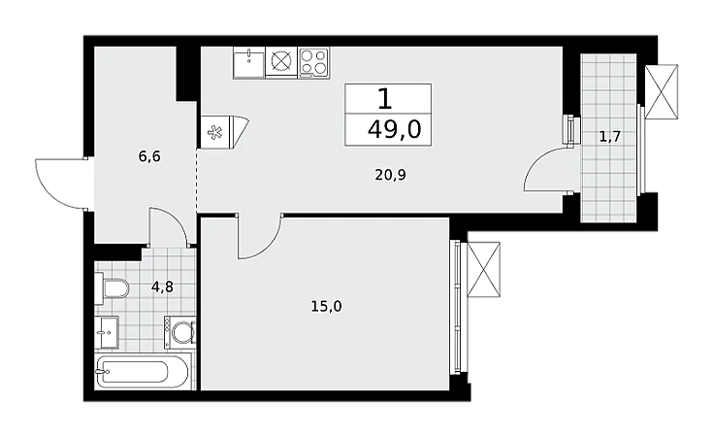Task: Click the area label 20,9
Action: click(x=390, y=175)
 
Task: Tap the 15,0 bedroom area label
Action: click(x=326, y=306)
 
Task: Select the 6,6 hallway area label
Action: click(x=149, y=157)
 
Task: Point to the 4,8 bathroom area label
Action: click(x=162, y=287)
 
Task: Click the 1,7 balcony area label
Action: click(x=610, y=136)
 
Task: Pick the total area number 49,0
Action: click(x=395, y=130)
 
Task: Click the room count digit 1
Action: click(x=385, y=99)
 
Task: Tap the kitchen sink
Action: click(x=249, y=63)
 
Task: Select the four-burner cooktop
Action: click(x=314, y=62)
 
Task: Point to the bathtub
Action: click(x=143, y=373)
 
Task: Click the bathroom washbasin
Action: click(x=107, y=332)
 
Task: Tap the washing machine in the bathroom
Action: click(x=180, y=332)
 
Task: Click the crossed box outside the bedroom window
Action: click(x=483, y=270)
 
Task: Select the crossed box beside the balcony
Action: click(x=662, y=92)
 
